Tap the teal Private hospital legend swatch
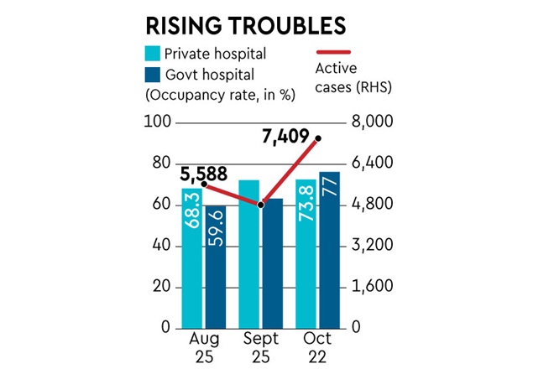[x=154, y=54]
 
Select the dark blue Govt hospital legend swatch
[x=154, y=74]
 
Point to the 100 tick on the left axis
[x=161, y=122]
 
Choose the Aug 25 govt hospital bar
[x=215, y=268]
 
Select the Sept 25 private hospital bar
[x=249, y=256]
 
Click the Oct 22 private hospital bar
[x=306, y=256]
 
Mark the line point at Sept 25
[x=261, y=205]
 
